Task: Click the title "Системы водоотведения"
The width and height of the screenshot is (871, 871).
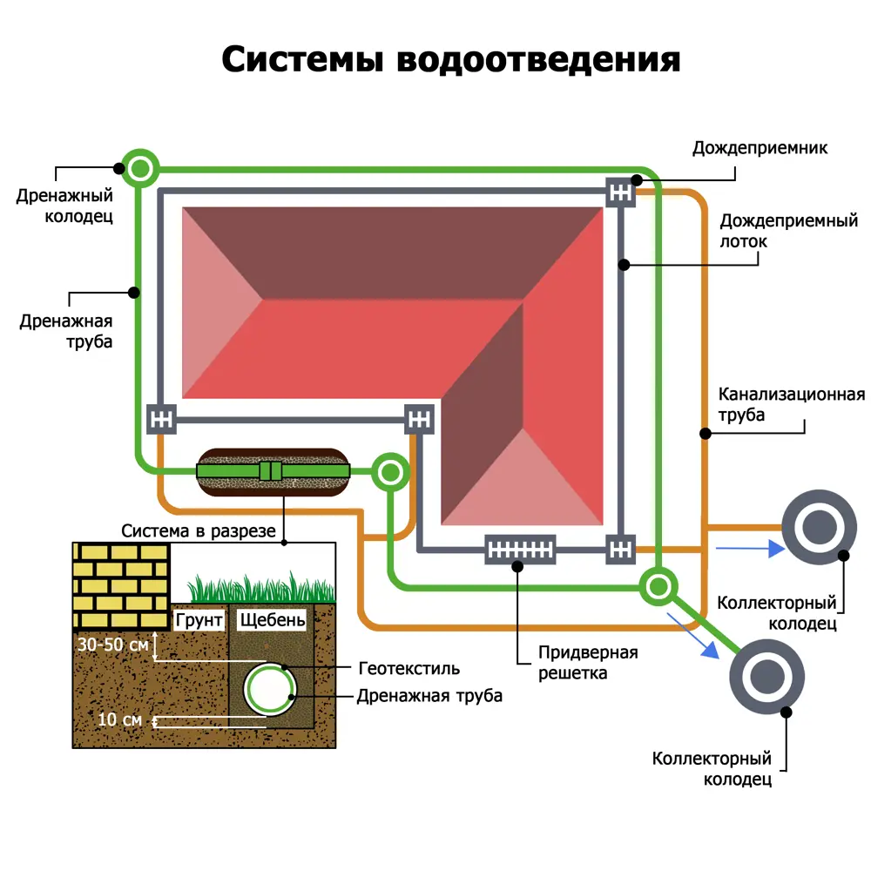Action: [450, 60]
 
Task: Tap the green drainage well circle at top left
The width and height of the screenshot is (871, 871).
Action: [140, 167]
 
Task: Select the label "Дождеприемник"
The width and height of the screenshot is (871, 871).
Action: [760, 148]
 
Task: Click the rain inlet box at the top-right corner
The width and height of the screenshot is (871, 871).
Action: [620, 191]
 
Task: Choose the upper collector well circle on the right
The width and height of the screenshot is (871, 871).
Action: [819, 528]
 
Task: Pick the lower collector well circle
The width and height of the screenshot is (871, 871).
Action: [767, 676]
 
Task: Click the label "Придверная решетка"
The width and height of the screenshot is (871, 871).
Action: [588, 663]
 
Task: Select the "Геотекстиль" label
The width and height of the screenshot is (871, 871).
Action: [408, 669]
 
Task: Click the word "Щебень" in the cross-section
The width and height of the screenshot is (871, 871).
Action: [272, 620]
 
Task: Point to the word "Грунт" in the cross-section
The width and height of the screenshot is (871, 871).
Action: [199, 620]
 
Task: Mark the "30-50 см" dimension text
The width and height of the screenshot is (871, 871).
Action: [111, 646]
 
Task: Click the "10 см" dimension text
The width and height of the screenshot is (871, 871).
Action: [119, 719]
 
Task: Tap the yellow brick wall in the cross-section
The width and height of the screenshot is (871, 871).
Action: [120, 584]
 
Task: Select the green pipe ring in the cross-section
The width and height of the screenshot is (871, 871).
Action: [270, 688]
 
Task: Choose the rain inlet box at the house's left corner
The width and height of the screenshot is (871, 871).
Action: [161, 419]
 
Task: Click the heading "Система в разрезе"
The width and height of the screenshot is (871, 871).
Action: [199, 530]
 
